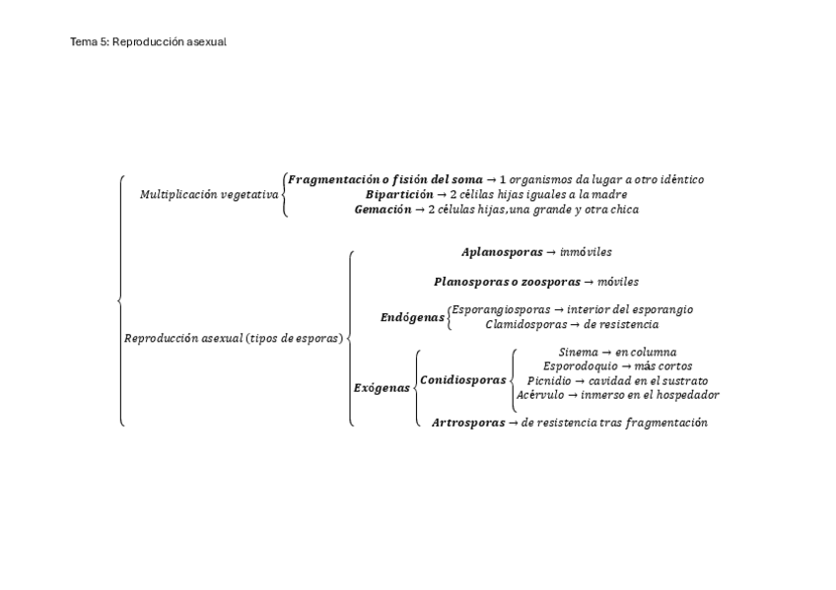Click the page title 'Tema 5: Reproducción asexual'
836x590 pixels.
click(x=148, y=41)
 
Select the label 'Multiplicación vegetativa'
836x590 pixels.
click(x=209, y=195)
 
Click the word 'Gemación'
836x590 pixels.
click(x=383, y=210)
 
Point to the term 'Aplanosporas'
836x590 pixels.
click(x=501, y=252)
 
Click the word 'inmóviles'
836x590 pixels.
click(x=586, y=252)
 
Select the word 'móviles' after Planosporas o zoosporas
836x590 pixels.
click(x=618, y=282)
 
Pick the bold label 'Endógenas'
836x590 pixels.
click(x=412, y=317)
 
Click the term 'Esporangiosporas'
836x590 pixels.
click(x=501, y=309)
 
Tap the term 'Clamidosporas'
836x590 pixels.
click(x=525, y=324)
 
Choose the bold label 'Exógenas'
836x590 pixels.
click(x=382, y=388)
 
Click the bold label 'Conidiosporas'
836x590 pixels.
click(x=462, y=380)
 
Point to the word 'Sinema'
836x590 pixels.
click(x=578, y=352)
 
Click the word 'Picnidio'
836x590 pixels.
click(x=548, y=380)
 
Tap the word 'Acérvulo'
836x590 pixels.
click(x=539, y=395)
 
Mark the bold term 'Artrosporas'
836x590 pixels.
click(x=467, y=423)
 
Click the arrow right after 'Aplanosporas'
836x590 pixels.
click(x=552, y=252)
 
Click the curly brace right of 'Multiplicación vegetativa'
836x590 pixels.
click(x=284, y=195)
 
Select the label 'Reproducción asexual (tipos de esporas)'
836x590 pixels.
click(x=234, y=339)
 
